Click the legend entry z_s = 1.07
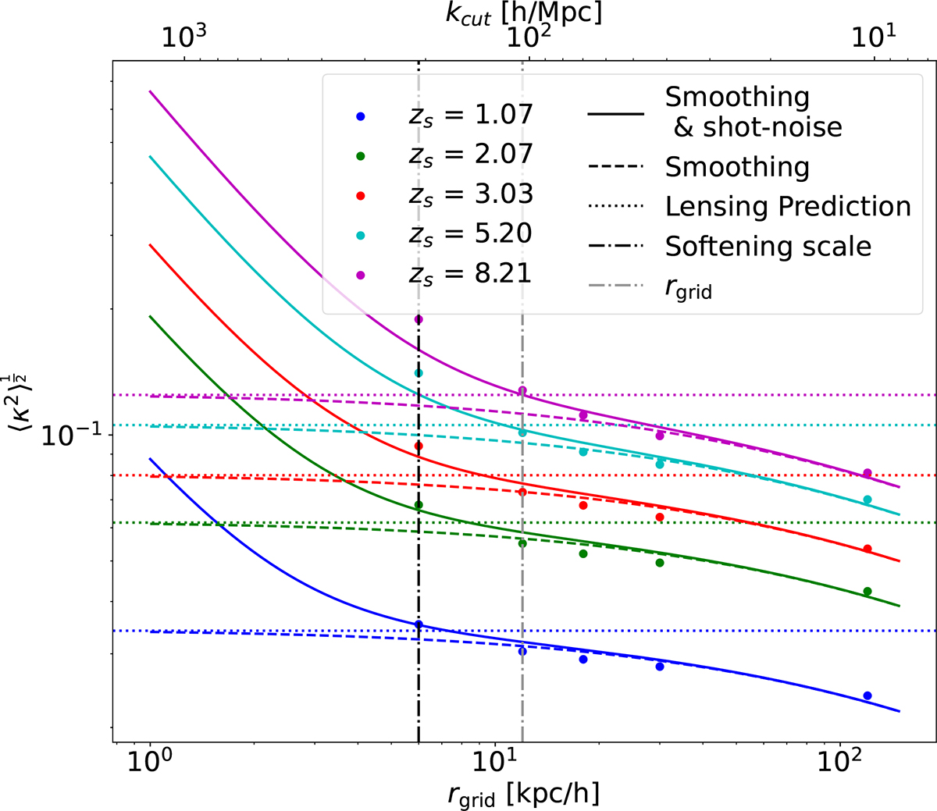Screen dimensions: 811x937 (470, 115)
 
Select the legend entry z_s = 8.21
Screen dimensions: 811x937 (470, 273)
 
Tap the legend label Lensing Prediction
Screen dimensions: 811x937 (788, 206)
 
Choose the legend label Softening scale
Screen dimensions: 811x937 (768, 246)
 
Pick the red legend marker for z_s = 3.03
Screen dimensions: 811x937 (361, 195)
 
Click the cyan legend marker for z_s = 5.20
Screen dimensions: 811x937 (361, 235)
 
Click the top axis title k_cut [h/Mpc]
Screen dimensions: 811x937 (524, 13)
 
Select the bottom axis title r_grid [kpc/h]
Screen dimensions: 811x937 (524, 795)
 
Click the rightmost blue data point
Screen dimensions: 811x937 (867, 695)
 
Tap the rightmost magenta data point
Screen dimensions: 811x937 (867, 473)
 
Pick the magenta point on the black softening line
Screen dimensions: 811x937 (419, 319)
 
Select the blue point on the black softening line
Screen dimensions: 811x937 (419, 624)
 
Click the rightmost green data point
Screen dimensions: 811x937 (867, 592)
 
